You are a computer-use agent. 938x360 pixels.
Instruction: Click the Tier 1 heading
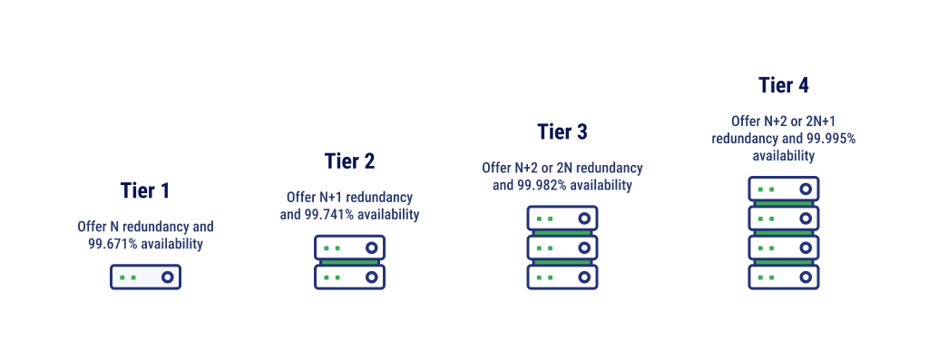[x=145, y=191]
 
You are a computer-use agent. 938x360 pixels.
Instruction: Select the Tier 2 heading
[x=349, y=161]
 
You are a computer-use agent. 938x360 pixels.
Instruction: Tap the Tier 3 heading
[x=562, y=132]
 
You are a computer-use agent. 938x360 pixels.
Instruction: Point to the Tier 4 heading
[x=783, y=86]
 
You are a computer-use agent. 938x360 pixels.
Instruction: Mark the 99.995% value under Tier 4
[x=831, y=139]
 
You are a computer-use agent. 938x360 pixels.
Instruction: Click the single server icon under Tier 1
[x=145, y=277]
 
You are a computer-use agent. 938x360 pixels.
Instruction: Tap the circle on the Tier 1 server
[x=167, y=277]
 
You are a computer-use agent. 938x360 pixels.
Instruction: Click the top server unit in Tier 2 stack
[x=349, y=248]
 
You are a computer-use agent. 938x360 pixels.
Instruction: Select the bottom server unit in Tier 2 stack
[x=349, y=277]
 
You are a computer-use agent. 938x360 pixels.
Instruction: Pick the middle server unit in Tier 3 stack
[x=562, y=248]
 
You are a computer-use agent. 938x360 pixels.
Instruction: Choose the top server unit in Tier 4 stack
[x=784, y=190]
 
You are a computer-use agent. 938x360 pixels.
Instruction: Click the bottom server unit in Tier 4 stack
[x=784, y=277]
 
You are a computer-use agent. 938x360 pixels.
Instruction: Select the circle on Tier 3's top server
[x=583, y=219]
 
